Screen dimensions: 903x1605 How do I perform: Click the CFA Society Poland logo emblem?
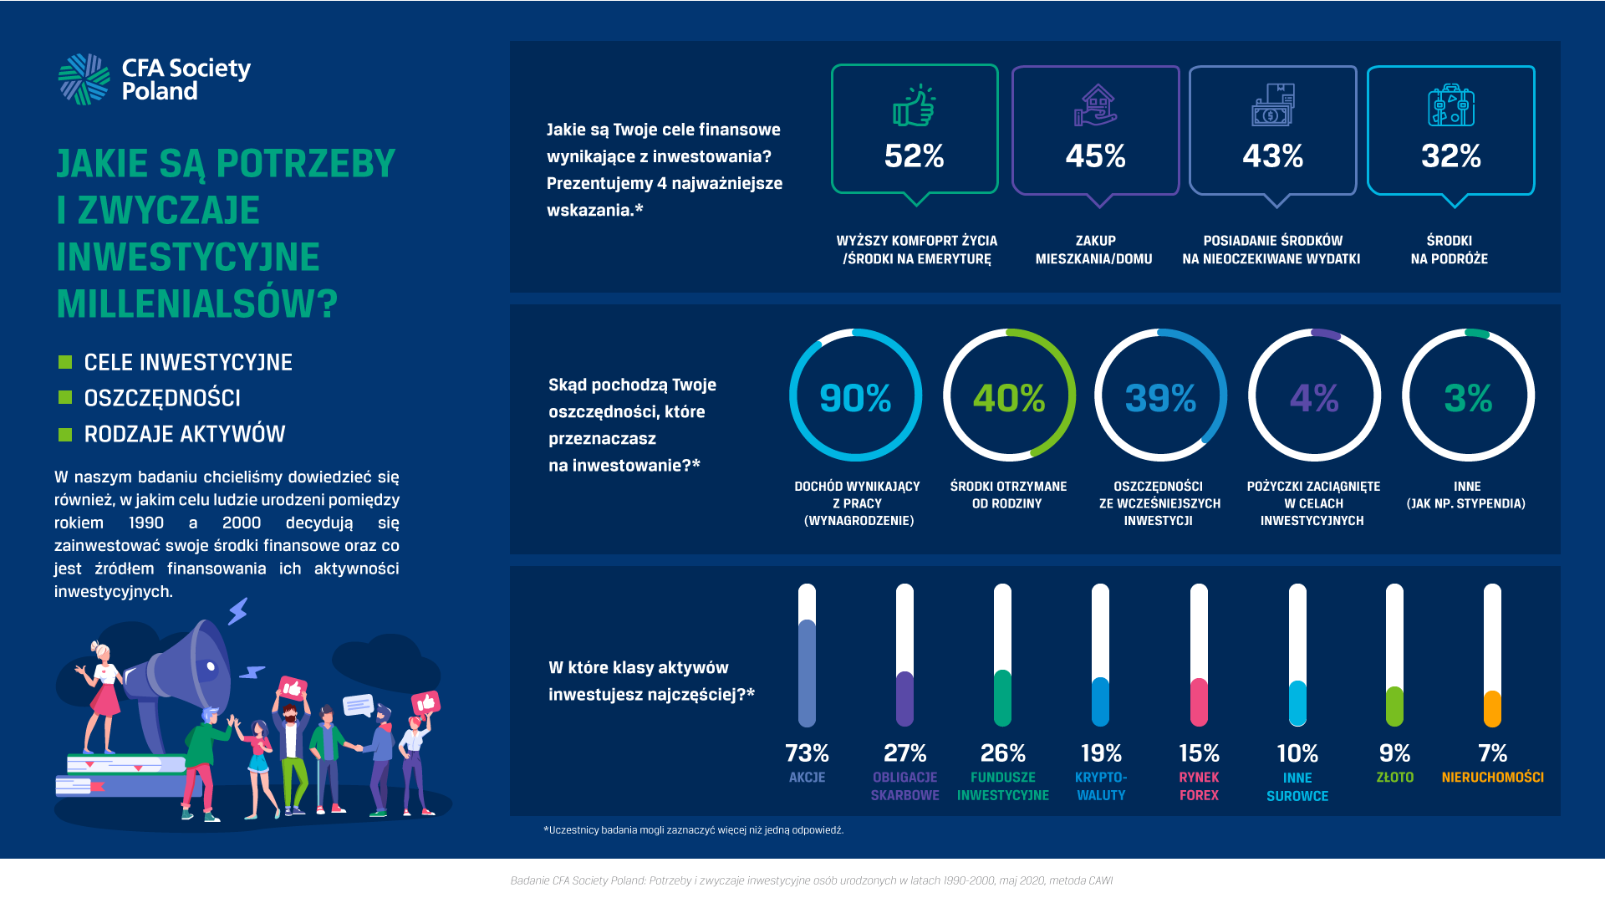click(x=84, y=79)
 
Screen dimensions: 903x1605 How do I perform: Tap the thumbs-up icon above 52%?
click(x=915, y=105)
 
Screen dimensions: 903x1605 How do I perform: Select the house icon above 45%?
click(x=1095, y=105)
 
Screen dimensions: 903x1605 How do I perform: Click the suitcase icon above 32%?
click(x=1450, y=105)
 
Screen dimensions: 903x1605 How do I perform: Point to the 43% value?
click(x=1272, y=156)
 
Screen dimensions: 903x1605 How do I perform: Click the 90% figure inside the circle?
click(x=855, y=398)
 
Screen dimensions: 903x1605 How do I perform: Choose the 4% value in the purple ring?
click(x=1314, y=398)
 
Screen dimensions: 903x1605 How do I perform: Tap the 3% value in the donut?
click(x=1468, y=398)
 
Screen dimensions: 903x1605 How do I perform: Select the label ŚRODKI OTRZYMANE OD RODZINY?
click(x=1008, y=495)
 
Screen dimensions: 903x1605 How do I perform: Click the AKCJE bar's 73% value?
click(x=807, y=753)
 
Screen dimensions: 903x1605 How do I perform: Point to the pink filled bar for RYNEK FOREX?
click(x=1199, y=702)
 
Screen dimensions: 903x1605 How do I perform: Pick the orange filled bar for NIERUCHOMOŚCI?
click(x=1492, y=709)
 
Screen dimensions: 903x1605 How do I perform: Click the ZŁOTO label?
click(x=1394, y=778)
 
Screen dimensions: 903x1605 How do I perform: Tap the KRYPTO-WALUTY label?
click(x=1101, y=786)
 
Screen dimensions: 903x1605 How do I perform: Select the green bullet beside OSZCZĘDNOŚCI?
click(x=65, y=398)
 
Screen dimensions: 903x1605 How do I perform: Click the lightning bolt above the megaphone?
click(x=239, y=610)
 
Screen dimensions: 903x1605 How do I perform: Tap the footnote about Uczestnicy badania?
click(x=694, y=830)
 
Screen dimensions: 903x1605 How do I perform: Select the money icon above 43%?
click(x=1272, y=105)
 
